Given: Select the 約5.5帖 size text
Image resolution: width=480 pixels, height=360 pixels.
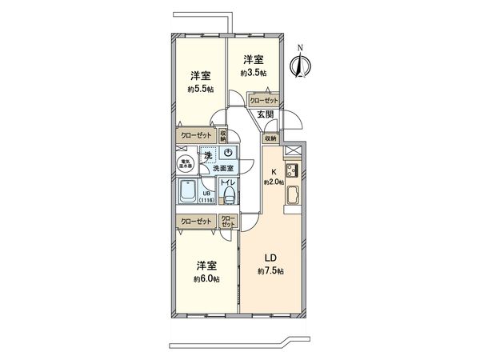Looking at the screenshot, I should coord(201,90).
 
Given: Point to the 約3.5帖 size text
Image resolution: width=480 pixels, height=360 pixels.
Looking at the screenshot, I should coord(254,73).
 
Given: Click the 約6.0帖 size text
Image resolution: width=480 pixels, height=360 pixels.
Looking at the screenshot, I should coord(205,279).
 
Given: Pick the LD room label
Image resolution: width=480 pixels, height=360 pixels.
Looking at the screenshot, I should coord(271,258).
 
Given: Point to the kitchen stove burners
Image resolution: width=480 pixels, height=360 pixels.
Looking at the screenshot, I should coord(293,169).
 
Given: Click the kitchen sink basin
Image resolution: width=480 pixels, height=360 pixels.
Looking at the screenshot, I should coord(292,194).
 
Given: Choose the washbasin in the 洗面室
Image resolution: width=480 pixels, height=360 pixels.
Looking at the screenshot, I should coord(228,153).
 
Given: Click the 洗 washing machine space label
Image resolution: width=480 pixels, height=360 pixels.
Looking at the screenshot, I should coord(207,154).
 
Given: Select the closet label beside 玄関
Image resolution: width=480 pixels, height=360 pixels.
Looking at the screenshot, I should coord(264,101).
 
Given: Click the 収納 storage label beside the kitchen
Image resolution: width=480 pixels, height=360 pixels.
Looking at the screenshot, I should coord(270,138).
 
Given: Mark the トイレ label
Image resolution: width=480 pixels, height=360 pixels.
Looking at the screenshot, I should coord(226,184).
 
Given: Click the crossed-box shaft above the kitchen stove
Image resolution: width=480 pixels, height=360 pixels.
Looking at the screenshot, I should coord(293,150).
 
